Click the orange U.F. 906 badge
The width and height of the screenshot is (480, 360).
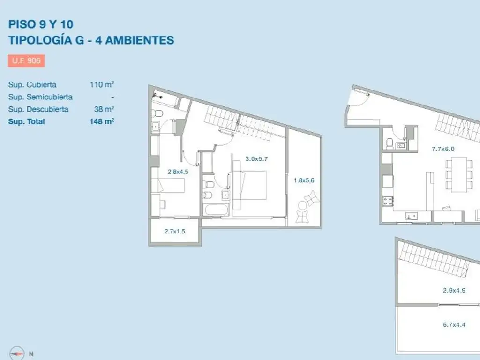26,60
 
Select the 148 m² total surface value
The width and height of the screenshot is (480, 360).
102,121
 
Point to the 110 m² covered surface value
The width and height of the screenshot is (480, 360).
102,84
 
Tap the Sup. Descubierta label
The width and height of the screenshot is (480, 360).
38,109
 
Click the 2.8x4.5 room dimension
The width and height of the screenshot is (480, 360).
178,172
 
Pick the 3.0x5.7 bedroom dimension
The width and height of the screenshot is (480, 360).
256,158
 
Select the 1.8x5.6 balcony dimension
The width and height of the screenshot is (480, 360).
304,180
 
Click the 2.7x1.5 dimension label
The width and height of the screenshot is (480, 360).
174,231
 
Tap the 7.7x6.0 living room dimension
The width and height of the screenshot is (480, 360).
443,149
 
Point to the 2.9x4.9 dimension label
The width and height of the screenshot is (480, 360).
454,290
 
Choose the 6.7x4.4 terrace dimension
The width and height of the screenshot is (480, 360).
454,324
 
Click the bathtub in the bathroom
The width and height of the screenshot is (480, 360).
217,210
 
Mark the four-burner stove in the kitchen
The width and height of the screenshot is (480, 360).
388,201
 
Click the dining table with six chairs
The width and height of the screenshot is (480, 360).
459,174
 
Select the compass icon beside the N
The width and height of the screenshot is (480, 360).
17,353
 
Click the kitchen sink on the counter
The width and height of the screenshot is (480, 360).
412,216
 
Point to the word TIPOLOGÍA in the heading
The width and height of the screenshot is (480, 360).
41,40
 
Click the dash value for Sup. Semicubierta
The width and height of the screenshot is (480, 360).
112,97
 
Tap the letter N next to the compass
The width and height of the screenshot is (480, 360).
31,354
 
